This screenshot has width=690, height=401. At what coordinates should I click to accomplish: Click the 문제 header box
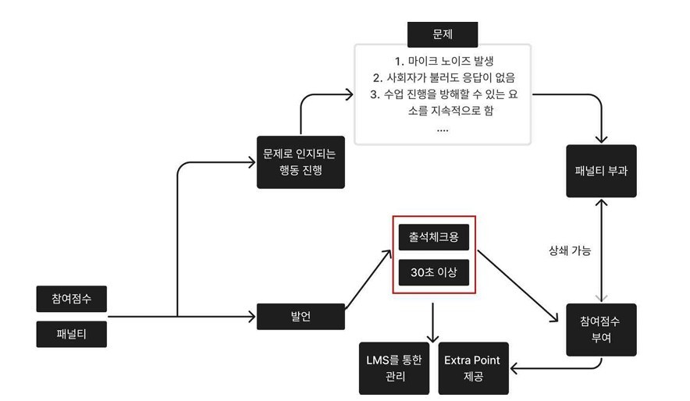(x=442, y=34)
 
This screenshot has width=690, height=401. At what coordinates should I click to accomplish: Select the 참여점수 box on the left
(x=71, y=298)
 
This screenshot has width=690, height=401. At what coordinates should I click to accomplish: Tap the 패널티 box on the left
(x=71, y=335)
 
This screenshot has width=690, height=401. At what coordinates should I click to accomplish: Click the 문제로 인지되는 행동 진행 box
(x=301, y=161)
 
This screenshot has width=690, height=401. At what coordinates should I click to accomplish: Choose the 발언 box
(x=290, y=317)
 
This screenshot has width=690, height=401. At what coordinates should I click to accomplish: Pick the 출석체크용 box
(x=434, y=236)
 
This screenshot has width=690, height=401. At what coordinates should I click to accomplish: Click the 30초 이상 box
(x=434, y=272)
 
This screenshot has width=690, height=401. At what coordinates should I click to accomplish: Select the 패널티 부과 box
(x=601, y=171)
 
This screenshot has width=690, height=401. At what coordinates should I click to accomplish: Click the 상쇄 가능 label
(x=570, y=250)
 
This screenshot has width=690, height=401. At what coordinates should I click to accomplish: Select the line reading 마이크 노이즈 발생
(x=442, y=61)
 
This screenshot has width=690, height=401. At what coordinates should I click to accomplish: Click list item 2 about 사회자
(x=442, y=78)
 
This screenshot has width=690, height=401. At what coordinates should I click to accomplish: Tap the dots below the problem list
(x=442, y=128)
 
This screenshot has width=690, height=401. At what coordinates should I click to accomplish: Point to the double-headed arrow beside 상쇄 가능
(x=600, y=250)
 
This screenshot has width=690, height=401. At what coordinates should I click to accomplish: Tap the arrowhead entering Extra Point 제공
(x=515, y=368)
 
